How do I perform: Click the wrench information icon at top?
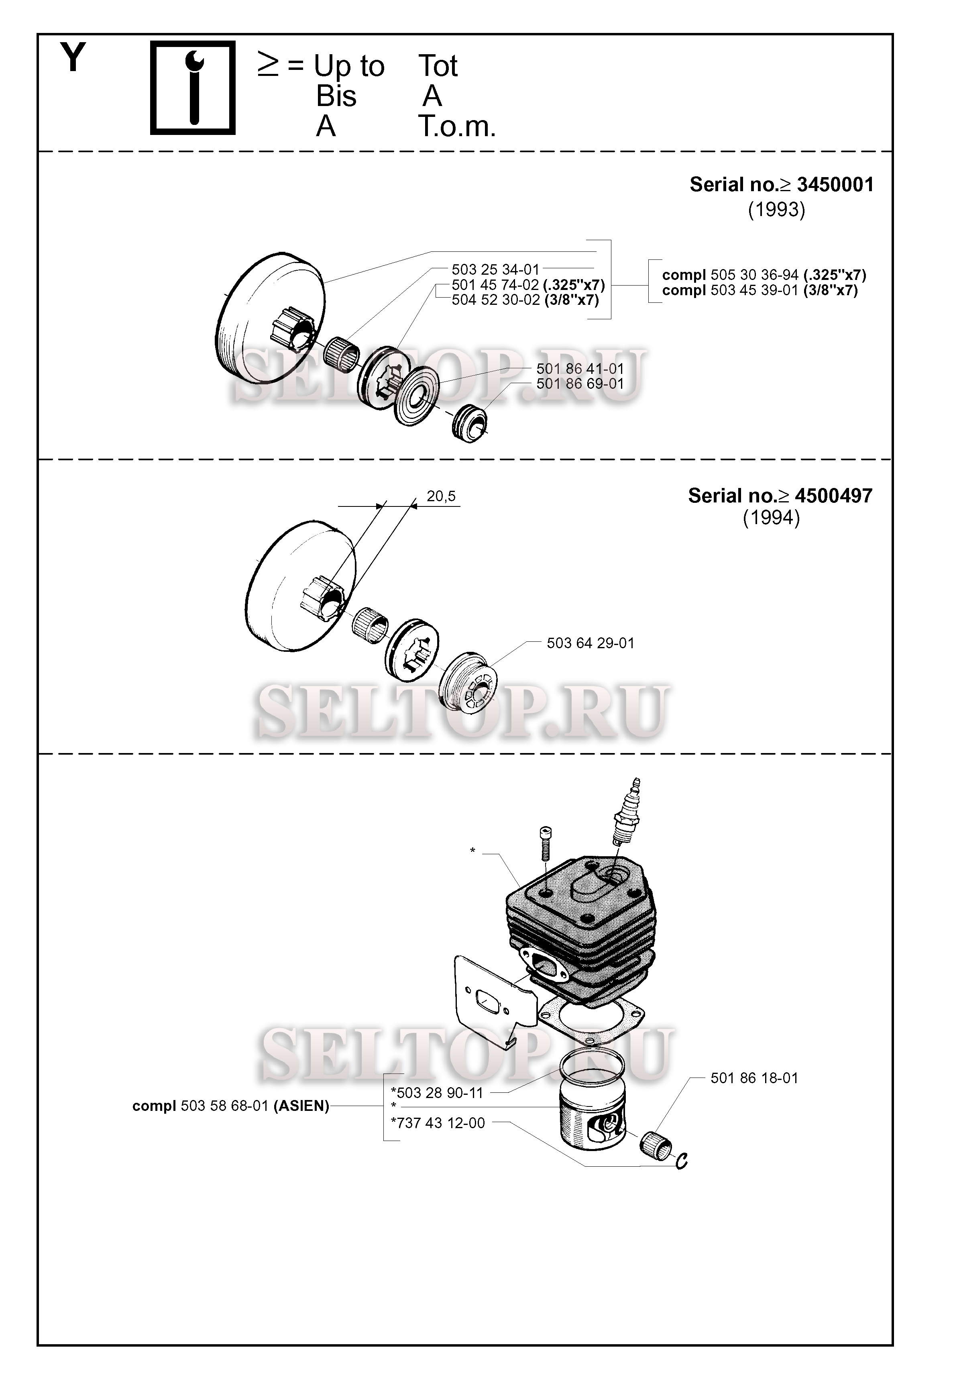point(193,88)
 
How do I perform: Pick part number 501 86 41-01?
point(580,369)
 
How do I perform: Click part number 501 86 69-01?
point(580,384)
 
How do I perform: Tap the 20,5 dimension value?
point(441,496)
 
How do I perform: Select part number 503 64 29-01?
point(590,643)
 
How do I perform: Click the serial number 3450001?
point(835,184)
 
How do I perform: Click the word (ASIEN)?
point(301,1106)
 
